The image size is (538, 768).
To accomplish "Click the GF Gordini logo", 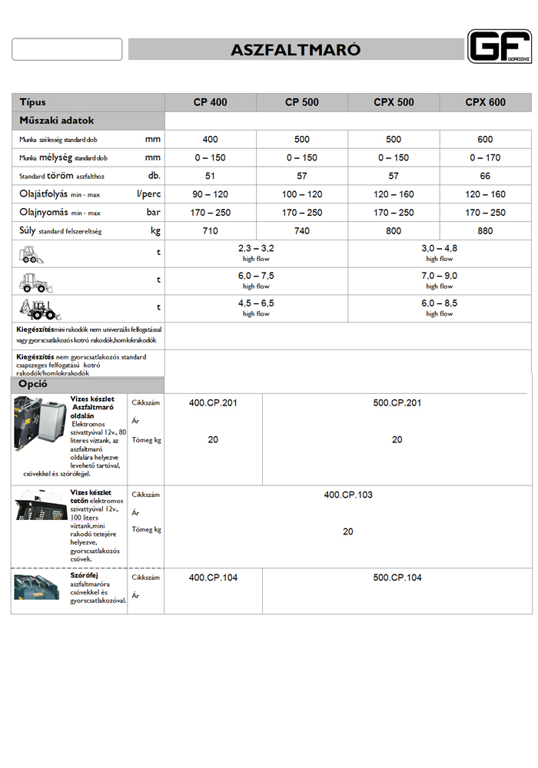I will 499,46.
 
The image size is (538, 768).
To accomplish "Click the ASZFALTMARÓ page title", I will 296,51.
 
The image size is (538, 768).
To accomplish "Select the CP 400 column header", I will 210,102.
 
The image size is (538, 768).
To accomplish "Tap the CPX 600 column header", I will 485,102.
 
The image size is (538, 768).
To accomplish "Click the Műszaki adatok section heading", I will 57,121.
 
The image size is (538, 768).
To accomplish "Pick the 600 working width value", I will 485,140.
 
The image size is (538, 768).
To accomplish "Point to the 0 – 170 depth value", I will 485,157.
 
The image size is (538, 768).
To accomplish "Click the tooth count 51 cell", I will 210,176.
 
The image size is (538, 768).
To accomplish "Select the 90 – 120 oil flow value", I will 210,194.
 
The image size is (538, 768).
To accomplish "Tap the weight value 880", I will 485,231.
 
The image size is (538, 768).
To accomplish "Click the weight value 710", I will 210,231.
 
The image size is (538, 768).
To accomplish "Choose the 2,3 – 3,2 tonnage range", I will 256,250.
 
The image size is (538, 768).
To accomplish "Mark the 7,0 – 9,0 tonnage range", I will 439,276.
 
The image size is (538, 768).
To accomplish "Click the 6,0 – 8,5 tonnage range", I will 439,303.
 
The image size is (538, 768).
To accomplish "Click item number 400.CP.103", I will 347,495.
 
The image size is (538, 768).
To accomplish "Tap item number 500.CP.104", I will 397,578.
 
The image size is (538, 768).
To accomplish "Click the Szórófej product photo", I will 35,588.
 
